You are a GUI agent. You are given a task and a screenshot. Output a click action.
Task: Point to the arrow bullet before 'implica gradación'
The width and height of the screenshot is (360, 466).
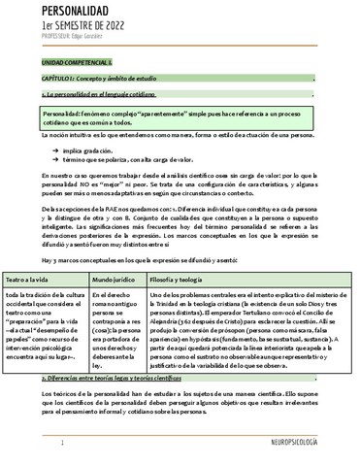pyautogui.click(x=66, y=152)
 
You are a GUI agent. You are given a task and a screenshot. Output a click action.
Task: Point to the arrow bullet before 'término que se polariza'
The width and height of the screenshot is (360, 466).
pyautogui.click(x=66, y=161)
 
